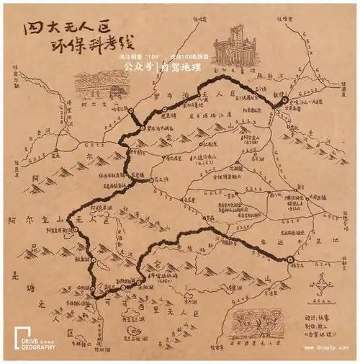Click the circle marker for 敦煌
point(284,101)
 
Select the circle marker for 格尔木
point(289,260)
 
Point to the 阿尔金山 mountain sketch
point(95,86)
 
